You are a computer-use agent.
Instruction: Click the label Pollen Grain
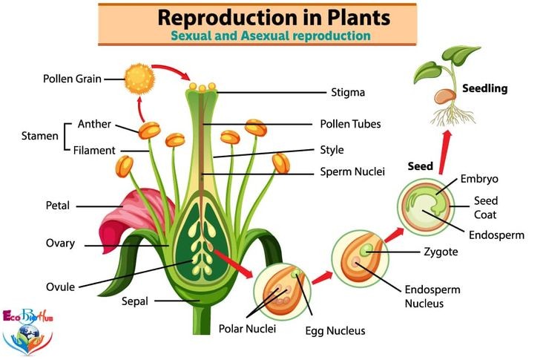(72, 77)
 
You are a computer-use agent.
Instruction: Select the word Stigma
(348, 93)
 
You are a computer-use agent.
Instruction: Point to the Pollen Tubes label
(350, 124)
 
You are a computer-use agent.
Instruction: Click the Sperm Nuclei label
(352, 171)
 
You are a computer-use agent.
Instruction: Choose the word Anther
(95, 124)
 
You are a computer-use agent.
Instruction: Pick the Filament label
(99, 150)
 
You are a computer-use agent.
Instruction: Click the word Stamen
(37, 137)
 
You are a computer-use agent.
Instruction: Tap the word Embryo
(479, 179)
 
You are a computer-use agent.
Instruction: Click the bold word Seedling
(484, 88)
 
